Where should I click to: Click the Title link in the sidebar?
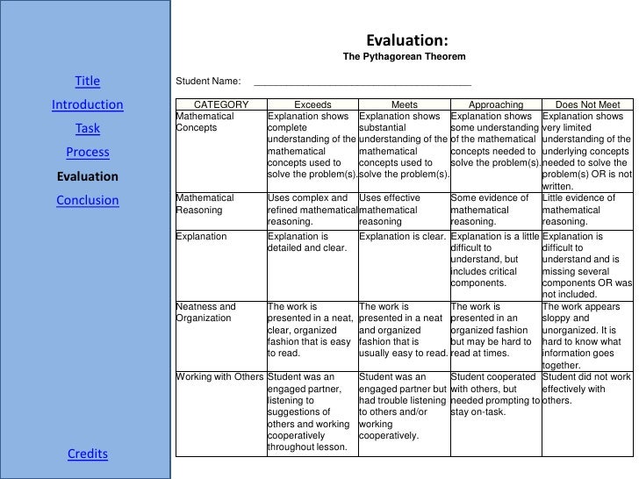click(88, 82)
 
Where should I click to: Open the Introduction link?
click(88, 106)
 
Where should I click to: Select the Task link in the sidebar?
click(88, 129)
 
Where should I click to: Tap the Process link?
click(88, 153)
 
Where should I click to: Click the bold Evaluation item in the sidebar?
click(88, 176)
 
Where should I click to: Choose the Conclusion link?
click(88, 200)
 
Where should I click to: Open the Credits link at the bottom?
click(88, 454)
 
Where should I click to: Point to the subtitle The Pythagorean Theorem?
click(404, 58)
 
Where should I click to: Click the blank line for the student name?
click(362, 82)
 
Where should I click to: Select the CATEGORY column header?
click(220, 105)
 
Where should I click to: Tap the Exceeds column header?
click(312, 105)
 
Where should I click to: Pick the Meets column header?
click(404, 105)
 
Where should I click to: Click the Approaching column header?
click(496, 105)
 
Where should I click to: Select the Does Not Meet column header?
click(587, 105)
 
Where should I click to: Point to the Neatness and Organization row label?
click(206, 312)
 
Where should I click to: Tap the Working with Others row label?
click(219, 377)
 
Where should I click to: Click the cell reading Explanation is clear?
click(403, 237)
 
